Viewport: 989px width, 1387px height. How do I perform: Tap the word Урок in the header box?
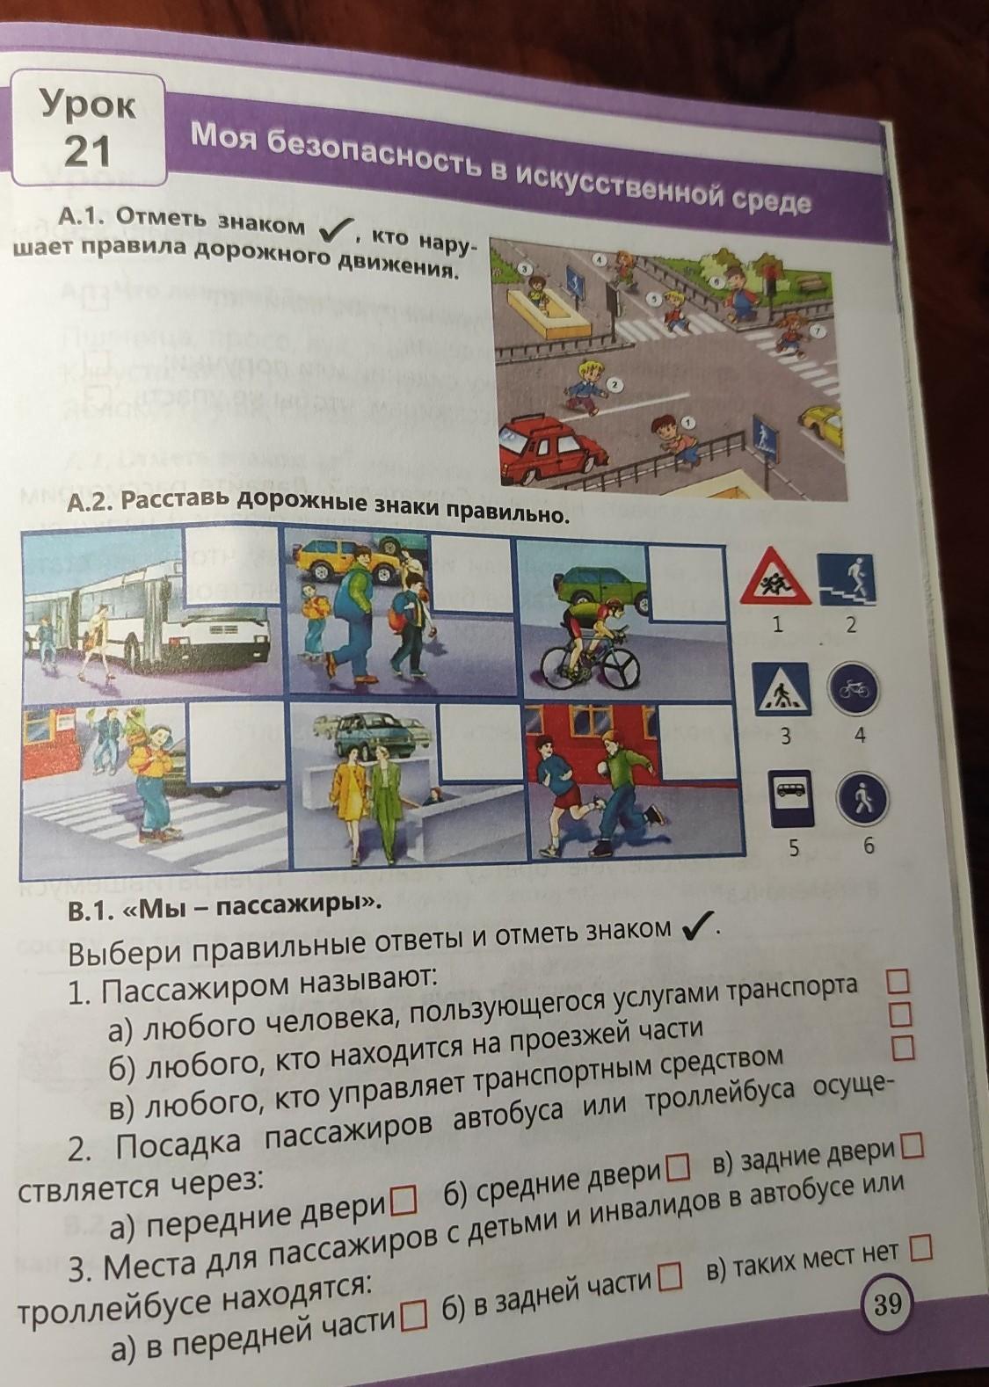tap(87, 104)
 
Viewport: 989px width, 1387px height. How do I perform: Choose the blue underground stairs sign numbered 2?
tap(847, 579)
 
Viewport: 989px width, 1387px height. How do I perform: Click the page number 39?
tap(887, 1303)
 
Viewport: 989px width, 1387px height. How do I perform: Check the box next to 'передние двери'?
tap(404, 1202)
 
